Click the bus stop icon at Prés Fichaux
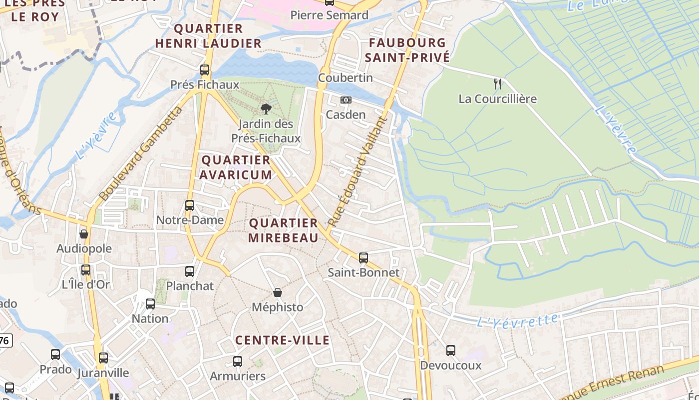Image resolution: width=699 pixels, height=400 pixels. (x=205, y=70)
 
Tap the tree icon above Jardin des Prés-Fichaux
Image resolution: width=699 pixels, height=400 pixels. (x=266, y=109)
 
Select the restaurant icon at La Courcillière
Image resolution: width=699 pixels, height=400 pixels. (x=497, y=84)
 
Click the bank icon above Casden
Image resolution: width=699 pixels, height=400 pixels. (x=346, y=100)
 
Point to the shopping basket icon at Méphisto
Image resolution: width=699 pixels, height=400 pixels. (x=278, y=292)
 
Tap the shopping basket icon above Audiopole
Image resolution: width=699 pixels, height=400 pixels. (x=84, y=234)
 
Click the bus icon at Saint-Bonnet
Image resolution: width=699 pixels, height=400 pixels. (x=363, y=258)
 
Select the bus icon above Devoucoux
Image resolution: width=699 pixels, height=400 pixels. (x=451, y=350)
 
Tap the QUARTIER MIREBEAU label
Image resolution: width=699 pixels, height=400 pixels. (x=283, y=230)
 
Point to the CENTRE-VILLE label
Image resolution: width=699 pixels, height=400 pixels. (x=282, y=340)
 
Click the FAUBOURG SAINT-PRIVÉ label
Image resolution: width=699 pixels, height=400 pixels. (x=407, y=50)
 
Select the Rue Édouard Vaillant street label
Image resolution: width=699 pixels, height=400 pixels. (x=357, y=171)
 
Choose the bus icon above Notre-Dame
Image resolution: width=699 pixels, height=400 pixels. (x=190, y=205)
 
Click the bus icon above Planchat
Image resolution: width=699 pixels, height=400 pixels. (x=190, y=271)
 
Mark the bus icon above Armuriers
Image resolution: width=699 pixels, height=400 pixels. (x=238, y=361)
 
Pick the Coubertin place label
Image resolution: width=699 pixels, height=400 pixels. (x=346, y=78)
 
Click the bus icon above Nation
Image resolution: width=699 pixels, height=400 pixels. (x=150, y=304)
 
